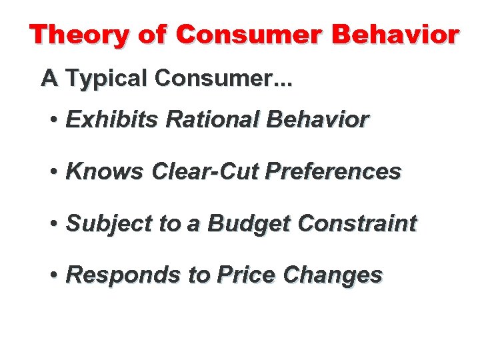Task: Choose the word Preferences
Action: point(333,171)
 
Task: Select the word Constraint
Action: point(357,223)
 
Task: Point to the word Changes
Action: point(333,275)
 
